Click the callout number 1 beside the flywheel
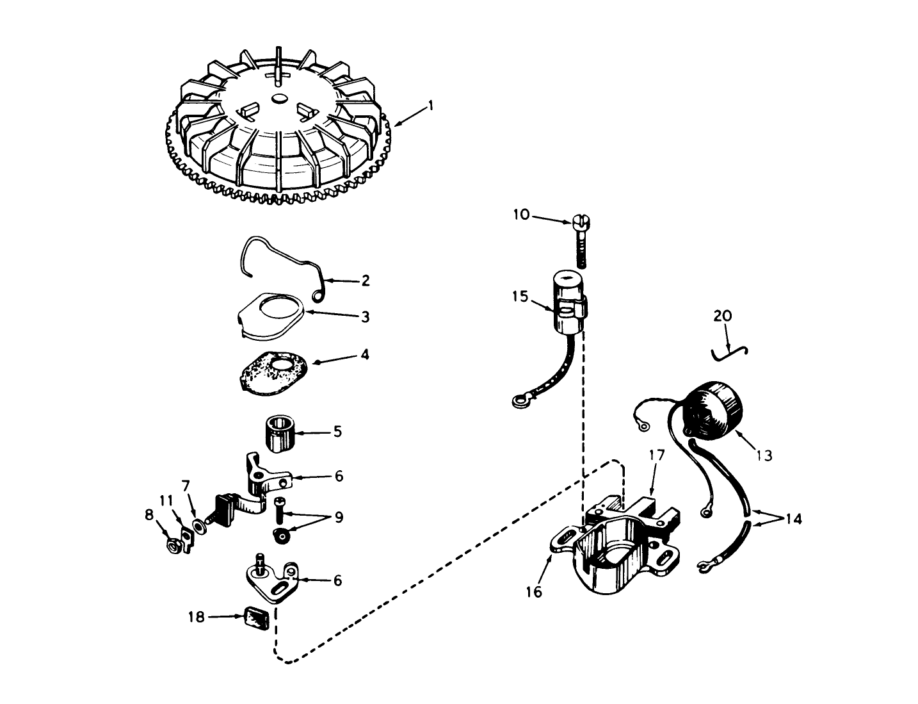[431, 104]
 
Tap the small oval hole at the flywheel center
[279, 98]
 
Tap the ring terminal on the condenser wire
[518, 402]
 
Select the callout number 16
[533, 591]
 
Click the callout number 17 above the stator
[657, 455]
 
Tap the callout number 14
[793, 518]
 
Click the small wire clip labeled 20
[730, 352]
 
